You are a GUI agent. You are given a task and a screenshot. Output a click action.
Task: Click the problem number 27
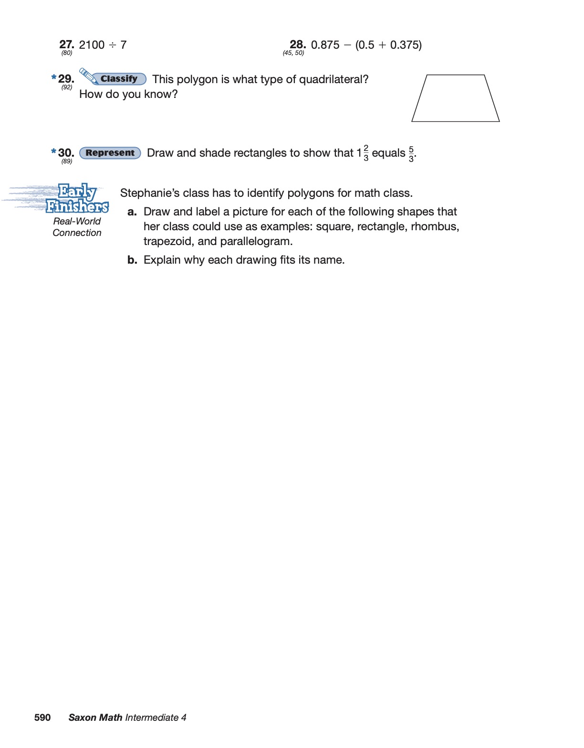pos(66,45)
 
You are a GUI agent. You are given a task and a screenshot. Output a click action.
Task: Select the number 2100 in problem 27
pos(92,45)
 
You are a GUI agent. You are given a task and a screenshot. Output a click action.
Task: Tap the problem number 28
pos(298,45)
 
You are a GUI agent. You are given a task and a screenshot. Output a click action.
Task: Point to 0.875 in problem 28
pos(325,45)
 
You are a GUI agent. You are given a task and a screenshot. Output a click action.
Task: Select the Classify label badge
pos(119,79)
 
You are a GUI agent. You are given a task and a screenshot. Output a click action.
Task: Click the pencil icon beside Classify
pos(87,75)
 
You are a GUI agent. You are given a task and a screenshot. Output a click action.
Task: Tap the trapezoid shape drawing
pos(455,98)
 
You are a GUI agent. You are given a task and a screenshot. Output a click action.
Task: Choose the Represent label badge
pos(110,153)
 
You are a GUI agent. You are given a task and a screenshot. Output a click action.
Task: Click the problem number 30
pos(66,153)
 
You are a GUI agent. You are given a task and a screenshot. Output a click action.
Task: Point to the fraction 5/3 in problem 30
pos(411,154)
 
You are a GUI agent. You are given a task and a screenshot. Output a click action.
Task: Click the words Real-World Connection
pos(77,227)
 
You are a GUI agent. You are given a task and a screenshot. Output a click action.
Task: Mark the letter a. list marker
pos(132,212)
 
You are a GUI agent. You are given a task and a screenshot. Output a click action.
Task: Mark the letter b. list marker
pos(132,260)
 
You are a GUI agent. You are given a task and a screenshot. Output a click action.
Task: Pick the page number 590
pos(42,717)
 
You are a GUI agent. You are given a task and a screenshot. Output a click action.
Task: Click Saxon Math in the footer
pos(95,717)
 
